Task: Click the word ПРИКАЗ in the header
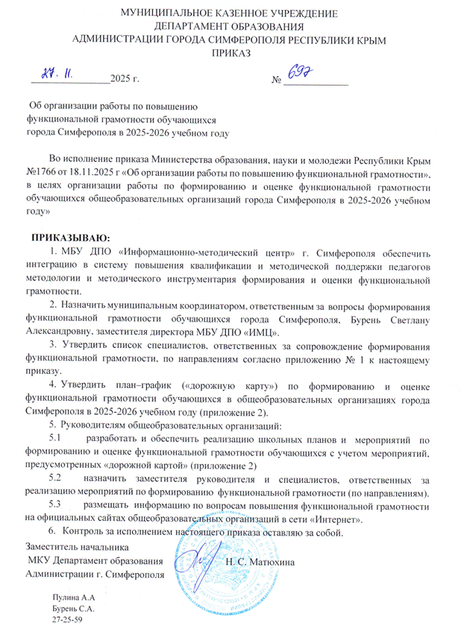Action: coord(230,54)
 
